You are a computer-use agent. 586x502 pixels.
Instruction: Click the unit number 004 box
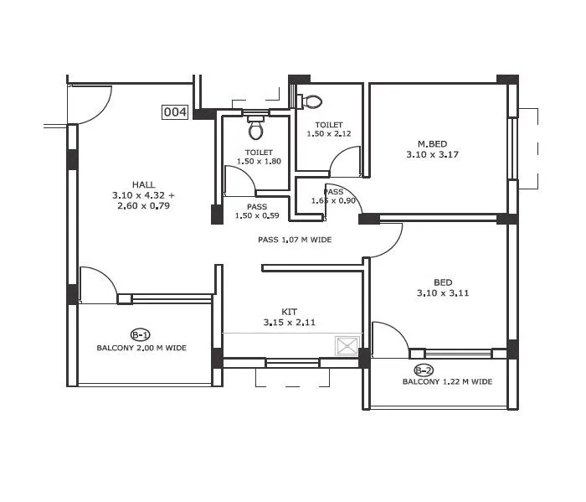175,112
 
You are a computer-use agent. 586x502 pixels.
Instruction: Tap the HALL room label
142,184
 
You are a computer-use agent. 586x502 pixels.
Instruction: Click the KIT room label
289,311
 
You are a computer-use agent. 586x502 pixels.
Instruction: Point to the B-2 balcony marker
424,370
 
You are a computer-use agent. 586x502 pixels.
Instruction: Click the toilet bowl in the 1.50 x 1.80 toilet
256,129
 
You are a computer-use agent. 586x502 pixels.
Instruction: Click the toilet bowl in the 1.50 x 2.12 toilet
311,101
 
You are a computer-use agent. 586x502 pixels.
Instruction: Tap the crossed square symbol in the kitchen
347,344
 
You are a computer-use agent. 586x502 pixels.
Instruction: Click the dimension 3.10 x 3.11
443,293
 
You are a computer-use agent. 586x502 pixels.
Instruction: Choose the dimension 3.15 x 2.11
289,322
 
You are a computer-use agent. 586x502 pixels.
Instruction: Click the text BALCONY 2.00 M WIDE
141,347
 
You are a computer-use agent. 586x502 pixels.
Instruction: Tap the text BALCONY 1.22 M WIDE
447,382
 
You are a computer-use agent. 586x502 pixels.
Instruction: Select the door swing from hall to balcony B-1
98,285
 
